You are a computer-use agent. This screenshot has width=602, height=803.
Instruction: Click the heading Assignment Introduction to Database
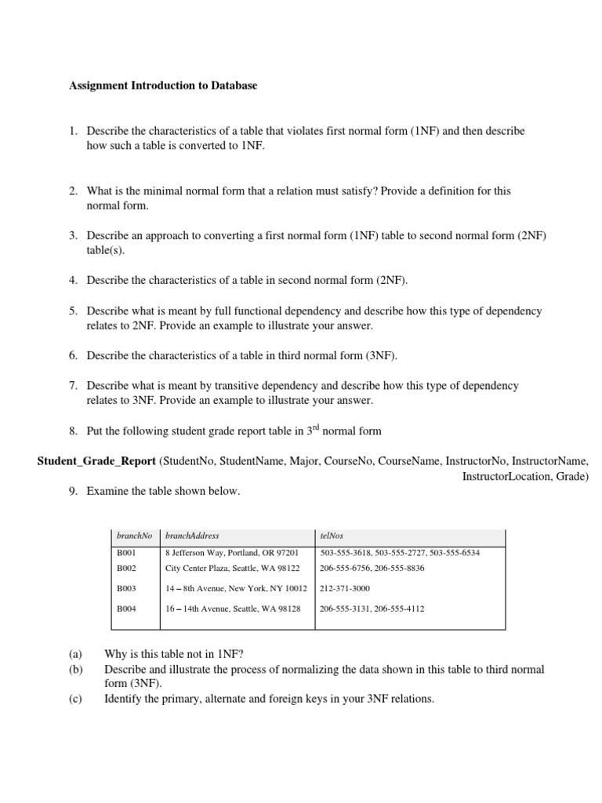pos(163,86)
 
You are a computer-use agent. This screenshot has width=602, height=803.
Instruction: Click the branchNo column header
pos(134,536)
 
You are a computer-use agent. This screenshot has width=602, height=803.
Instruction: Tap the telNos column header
pos(332,536)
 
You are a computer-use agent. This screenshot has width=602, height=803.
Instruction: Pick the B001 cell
pos(127,553)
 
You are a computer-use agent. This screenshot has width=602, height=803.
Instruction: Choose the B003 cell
pos(127,588)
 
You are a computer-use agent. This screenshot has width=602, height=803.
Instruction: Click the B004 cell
pos(127,609)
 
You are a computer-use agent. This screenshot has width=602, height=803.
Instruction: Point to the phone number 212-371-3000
pos(345,588)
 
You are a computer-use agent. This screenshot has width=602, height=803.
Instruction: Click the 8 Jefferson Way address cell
pos(232,553)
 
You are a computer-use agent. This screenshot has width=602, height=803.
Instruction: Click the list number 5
pos(72,311)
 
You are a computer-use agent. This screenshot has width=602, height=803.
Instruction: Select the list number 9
pos(72,491)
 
